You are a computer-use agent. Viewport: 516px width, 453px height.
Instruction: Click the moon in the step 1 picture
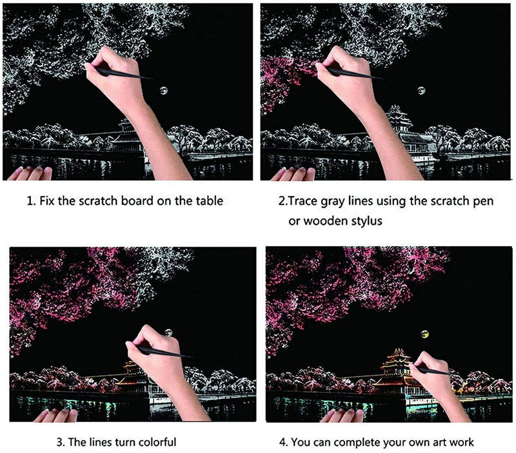(164, 90)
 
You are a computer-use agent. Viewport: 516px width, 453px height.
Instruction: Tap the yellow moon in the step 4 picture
(425, 334)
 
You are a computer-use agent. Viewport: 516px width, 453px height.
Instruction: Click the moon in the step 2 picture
(421, 90)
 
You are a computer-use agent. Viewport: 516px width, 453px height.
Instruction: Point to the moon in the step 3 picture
(169, 333)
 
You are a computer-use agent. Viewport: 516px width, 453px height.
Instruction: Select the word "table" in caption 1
(210, 200)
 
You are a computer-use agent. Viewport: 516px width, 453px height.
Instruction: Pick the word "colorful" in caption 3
(157, 442)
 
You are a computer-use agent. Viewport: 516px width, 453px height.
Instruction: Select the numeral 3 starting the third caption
(59, 442)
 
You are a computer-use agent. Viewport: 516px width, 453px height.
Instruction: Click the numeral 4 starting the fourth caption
(283, 442)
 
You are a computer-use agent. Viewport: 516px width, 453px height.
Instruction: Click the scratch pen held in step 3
(164, 352)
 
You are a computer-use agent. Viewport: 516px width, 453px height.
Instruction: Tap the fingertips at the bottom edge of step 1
(30, 173)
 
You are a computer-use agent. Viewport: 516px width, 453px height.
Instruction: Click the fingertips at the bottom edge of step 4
(341, 415)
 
